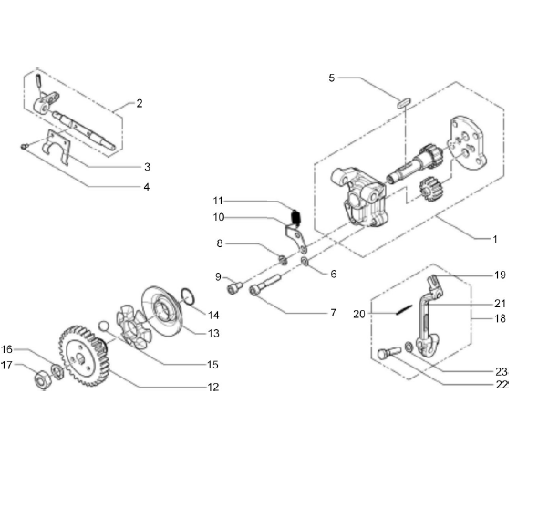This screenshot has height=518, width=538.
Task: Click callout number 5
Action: coord(331,78)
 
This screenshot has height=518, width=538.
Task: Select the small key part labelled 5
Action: coord(404,103)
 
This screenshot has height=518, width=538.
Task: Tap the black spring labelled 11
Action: coord(295,218)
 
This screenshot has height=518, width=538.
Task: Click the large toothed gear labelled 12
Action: coord(84,356)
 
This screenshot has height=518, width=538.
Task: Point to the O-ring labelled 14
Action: coord(187,296)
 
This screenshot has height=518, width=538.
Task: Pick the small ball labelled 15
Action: coord(103,326)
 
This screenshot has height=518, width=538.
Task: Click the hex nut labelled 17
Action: coord(43,380)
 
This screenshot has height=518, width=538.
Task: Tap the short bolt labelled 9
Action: coord(234,286)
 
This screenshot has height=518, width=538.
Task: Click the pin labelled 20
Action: coord(404,309)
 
